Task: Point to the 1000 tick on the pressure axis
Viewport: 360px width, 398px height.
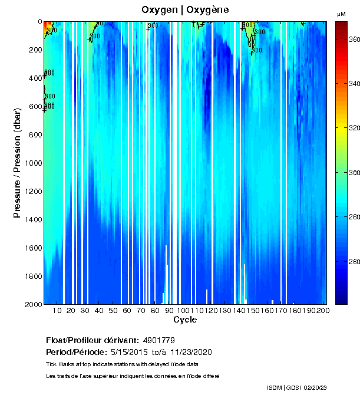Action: pos(34,163)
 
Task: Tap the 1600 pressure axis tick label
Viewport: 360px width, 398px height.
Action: pos(34,248)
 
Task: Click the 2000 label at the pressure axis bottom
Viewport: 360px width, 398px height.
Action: pos(34,304)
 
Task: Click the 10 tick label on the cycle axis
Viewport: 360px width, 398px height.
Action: pos(57,311)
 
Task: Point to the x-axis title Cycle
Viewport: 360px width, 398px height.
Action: pos(185,320)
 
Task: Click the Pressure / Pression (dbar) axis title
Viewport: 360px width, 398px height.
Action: pos(17,163)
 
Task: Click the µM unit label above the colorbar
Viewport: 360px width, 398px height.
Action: pos(341,14)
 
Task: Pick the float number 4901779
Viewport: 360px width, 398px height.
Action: pos(158,340)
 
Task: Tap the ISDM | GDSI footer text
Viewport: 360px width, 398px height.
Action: pos(284,387)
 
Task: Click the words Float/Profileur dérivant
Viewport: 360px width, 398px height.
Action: pos(92,340)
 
